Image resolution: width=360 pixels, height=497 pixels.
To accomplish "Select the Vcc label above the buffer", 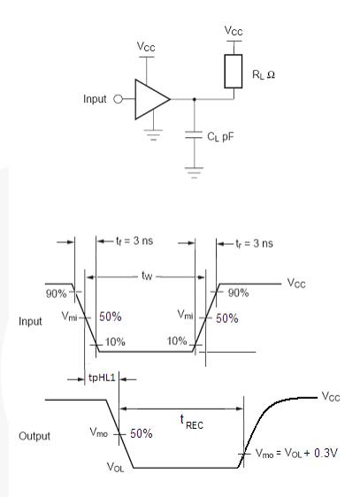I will tap(146, 44).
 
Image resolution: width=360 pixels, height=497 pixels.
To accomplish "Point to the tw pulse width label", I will tap(148, 275).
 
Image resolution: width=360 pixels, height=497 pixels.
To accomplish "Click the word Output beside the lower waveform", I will tap(35, 437).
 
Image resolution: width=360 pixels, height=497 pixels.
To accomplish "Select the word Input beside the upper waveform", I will tap(32, 321).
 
